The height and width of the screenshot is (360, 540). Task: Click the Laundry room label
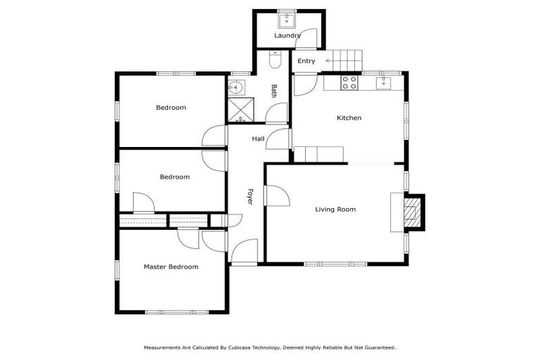coord(287,35)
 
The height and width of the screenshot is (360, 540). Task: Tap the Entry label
coord(306,61)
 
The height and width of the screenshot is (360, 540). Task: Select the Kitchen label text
coord(349,118)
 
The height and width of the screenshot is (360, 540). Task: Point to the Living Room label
coord(335,209)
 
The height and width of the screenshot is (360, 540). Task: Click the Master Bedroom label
coord(171,266)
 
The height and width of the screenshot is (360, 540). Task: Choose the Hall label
coord(258,139)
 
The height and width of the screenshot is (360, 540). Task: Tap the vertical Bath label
coord(274,91)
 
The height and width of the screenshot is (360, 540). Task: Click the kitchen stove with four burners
coord(349,82)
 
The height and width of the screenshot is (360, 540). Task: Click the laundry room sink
coord(288,18)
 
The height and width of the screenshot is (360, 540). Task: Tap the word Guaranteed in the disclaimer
coord(379,347)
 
